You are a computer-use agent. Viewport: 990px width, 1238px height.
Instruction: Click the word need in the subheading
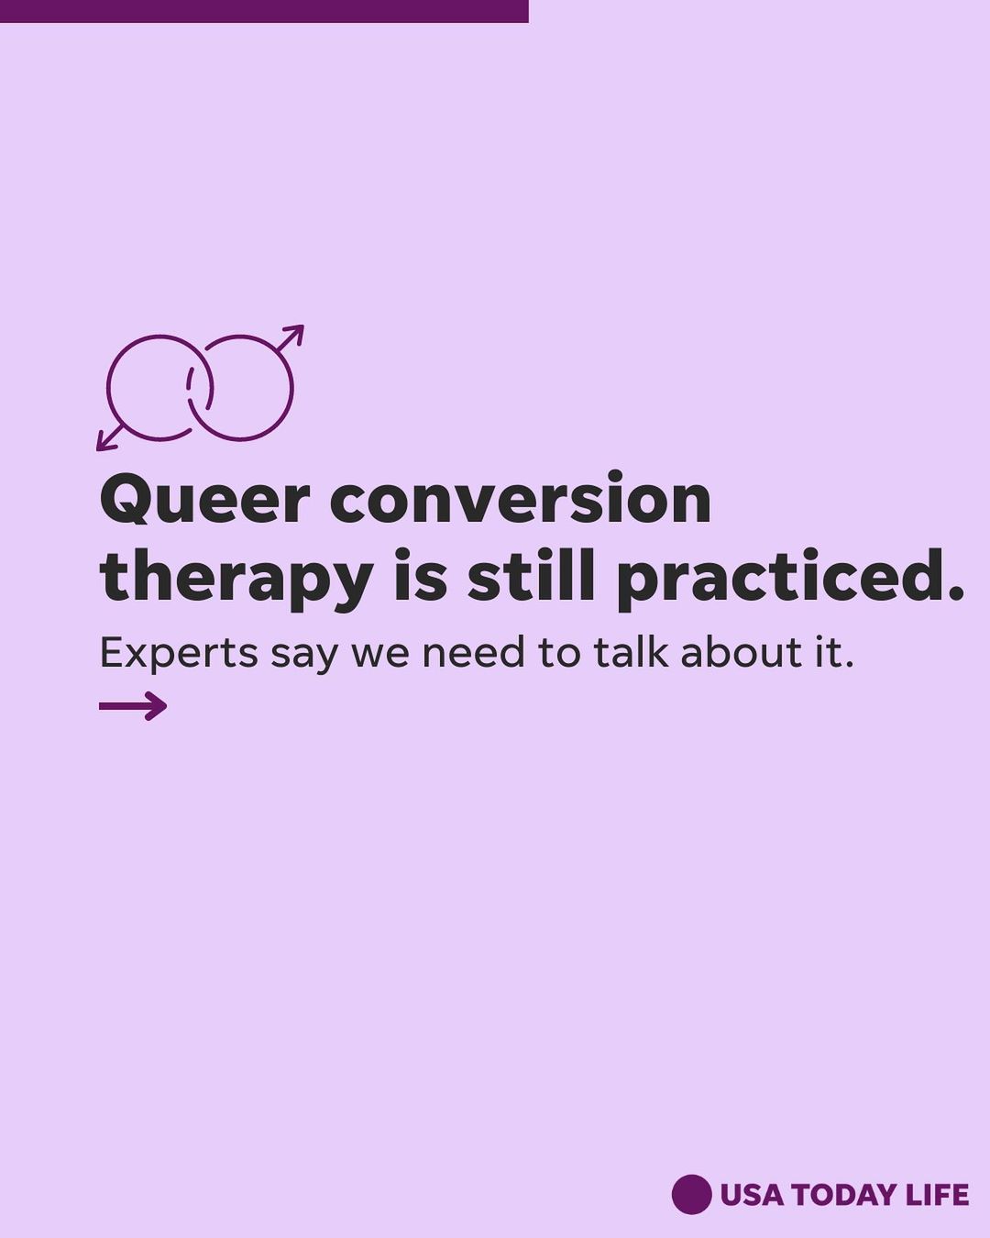pyautogui.click(x=473, y=652)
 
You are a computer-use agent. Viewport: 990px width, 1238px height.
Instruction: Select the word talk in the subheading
pyautogui.click(x=632, y=652)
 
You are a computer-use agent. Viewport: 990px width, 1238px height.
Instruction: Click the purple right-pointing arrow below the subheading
pyautogui.click(x=133, y=706)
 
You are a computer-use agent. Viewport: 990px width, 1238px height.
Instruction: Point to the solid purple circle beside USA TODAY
pyautogui.click(x=691, y=1194)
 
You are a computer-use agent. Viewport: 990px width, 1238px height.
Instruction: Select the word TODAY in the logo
pyautogui.click(x=844, y=1195)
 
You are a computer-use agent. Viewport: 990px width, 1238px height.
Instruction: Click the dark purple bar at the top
pyautogui.click(x=264, y=12)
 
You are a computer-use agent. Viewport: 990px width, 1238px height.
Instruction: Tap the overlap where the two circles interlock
pyautogui.click(x=200, y=388)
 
